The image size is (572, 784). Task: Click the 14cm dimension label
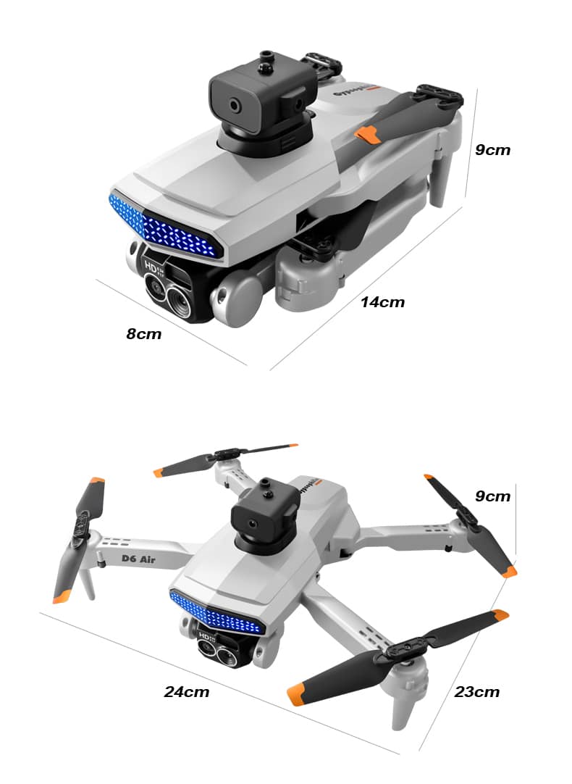pos(382,302)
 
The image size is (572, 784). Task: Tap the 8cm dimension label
pos(144,334)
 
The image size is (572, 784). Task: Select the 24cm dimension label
pos(186,692)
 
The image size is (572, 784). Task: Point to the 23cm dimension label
pos(477,692)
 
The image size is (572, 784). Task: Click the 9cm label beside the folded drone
pos(492,150)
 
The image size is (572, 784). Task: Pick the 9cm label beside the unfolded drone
pos(492,496)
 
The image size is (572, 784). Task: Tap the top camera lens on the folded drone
pos(237,106)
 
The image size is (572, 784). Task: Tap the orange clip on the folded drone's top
pos(368,134)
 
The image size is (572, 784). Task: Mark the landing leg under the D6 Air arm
pos(87,583)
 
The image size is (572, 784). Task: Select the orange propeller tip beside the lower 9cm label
pos(510,572)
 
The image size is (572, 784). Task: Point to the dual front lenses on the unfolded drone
pos(215,651)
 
